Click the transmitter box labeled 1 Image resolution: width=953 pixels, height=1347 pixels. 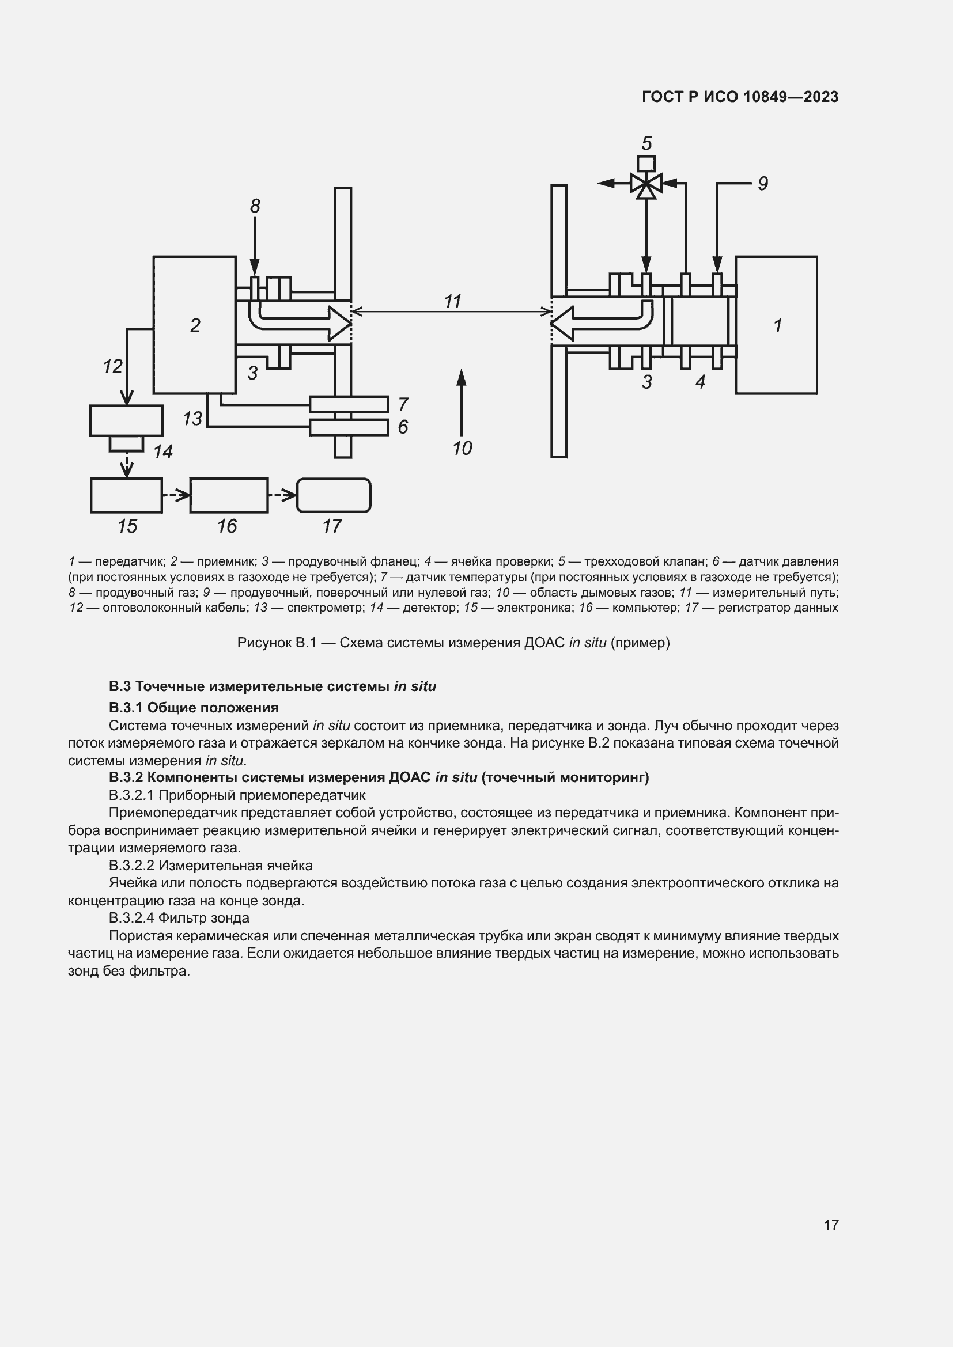click(776, 325)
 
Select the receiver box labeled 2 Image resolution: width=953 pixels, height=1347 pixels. click(194, 325)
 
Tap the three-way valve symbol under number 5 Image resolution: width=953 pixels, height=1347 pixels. click(645, 184)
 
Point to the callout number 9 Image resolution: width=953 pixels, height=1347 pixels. click(762, 184)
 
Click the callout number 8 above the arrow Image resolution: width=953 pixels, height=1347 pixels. click(255, 206)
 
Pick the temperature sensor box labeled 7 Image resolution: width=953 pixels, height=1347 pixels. click(349, 404)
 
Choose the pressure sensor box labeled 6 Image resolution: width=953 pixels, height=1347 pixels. click(349, 427)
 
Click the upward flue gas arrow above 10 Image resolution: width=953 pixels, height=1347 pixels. click(462, 402)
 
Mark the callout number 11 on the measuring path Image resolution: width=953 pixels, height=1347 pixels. click(452, 302)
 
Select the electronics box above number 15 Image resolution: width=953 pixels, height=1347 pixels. click(126, 496)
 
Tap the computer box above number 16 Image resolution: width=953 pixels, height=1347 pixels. click(229, 496)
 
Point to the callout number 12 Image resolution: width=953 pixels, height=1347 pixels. click(113, 367)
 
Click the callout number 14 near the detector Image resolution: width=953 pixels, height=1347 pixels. click(163, 451)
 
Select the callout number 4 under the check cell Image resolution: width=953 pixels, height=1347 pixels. click(700, 382)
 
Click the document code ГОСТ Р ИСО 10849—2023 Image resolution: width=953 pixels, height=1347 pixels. click(740, 97)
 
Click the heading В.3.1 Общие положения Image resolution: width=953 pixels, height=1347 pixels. click(194, 707)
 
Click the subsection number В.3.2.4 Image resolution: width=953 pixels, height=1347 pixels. click(131, 917)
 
